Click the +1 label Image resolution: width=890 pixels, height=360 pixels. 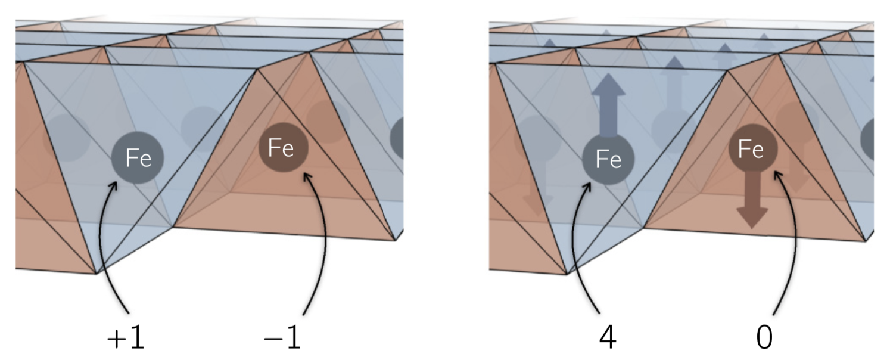(126, 337)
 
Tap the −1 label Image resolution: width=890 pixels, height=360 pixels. (282, 337)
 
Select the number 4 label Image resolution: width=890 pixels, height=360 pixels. (608, 337)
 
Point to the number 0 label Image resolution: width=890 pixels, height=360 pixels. (764, 337)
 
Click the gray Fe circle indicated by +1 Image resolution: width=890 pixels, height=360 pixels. (137, 157)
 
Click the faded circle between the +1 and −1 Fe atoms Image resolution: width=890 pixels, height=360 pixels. (201, 126)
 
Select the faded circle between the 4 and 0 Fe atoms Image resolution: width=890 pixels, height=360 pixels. (671, 129)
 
